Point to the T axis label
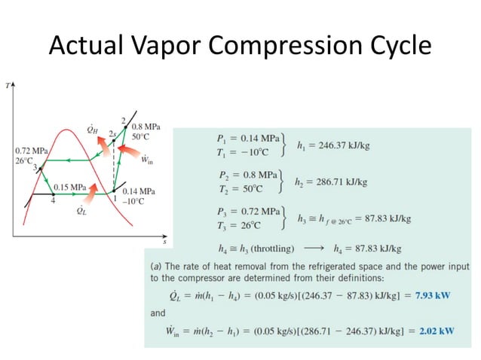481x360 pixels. [7, 85]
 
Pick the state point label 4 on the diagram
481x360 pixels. [53, 201]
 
